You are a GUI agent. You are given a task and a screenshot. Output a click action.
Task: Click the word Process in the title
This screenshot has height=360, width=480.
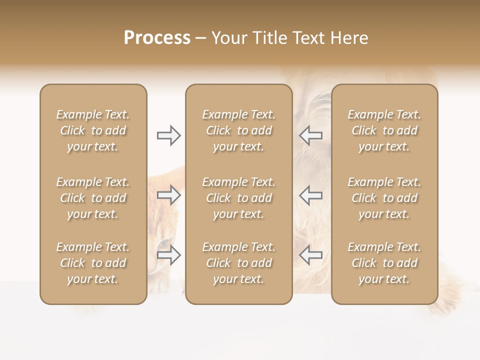coord(157,38)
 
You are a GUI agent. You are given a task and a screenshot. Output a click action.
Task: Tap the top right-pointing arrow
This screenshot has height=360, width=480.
coord(168,135)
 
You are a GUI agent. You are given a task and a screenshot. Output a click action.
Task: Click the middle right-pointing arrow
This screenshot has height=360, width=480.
coord(168,195)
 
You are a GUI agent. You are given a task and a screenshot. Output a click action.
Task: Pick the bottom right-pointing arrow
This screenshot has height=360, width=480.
coord(168,255)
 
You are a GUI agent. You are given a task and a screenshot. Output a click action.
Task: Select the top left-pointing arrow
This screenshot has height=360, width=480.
coord(311,135)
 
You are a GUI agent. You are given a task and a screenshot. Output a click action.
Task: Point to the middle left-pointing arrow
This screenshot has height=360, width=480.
coord(311,195)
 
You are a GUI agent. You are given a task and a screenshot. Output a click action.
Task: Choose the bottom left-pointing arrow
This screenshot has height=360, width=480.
coord(311,255)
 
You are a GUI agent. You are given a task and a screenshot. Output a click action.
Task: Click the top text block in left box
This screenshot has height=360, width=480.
coord(93,130)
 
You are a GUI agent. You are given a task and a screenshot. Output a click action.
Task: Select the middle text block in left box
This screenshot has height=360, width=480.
coord(93,198)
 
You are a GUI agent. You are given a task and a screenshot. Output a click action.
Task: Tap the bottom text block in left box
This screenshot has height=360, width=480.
coord(93,263)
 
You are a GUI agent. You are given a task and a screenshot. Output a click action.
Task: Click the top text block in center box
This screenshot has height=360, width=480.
coord(239,130)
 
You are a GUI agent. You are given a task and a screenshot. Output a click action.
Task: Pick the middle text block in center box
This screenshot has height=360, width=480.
coord(239,198)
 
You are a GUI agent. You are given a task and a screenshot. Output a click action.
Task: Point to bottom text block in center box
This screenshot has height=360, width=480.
coord(239,263)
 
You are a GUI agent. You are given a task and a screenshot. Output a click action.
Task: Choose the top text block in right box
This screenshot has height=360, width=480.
coord(384,130)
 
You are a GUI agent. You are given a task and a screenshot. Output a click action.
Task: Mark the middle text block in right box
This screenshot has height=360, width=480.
coord(384,198)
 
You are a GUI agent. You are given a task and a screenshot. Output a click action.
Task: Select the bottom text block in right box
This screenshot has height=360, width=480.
coord(384,263)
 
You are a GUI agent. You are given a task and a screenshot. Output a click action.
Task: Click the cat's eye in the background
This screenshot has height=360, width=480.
coord(164,243)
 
